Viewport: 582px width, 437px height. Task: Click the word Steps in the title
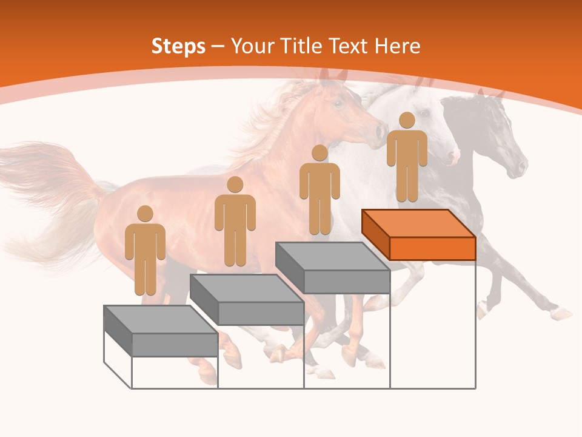178,46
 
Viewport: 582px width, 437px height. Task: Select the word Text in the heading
348,46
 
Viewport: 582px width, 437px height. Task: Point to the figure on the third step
319,192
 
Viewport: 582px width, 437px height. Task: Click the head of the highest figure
407,120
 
